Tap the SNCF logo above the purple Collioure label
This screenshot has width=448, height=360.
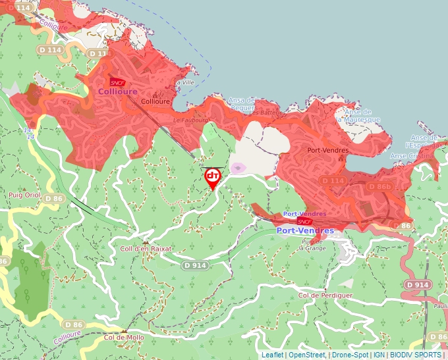(x=117, y=82)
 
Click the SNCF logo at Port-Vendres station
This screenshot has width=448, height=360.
(x=304, y=221)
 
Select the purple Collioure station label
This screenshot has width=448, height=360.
(x=118, y=91)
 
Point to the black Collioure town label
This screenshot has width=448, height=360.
(x=156, y=102)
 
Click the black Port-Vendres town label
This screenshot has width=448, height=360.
(x=327, y=150)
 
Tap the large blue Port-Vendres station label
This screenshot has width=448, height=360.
(x=305, y=230)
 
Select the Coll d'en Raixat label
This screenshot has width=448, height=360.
(x=146, y=249)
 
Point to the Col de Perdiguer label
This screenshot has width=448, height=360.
(x=325, y=296)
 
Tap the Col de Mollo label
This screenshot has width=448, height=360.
(x=124, y=337)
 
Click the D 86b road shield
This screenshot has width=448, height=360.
(x=379, y=188)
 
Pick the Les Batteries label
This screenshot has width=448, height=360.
(x=264, y=113)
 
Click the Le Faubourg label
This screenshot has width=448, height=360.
(x=186, y=121)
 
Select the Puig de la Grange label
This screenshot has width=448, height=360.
(x=312, y=245)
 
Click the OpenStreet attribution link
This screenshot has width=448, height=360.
(x=306, y=355)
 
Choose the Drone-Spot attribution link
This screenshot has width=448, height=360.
(x=350, y=355)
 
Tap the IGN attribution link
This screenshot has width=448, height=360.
(x=379, y=355)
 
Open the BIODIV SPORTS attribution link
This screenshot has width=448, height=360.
(x=416, y=355)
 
